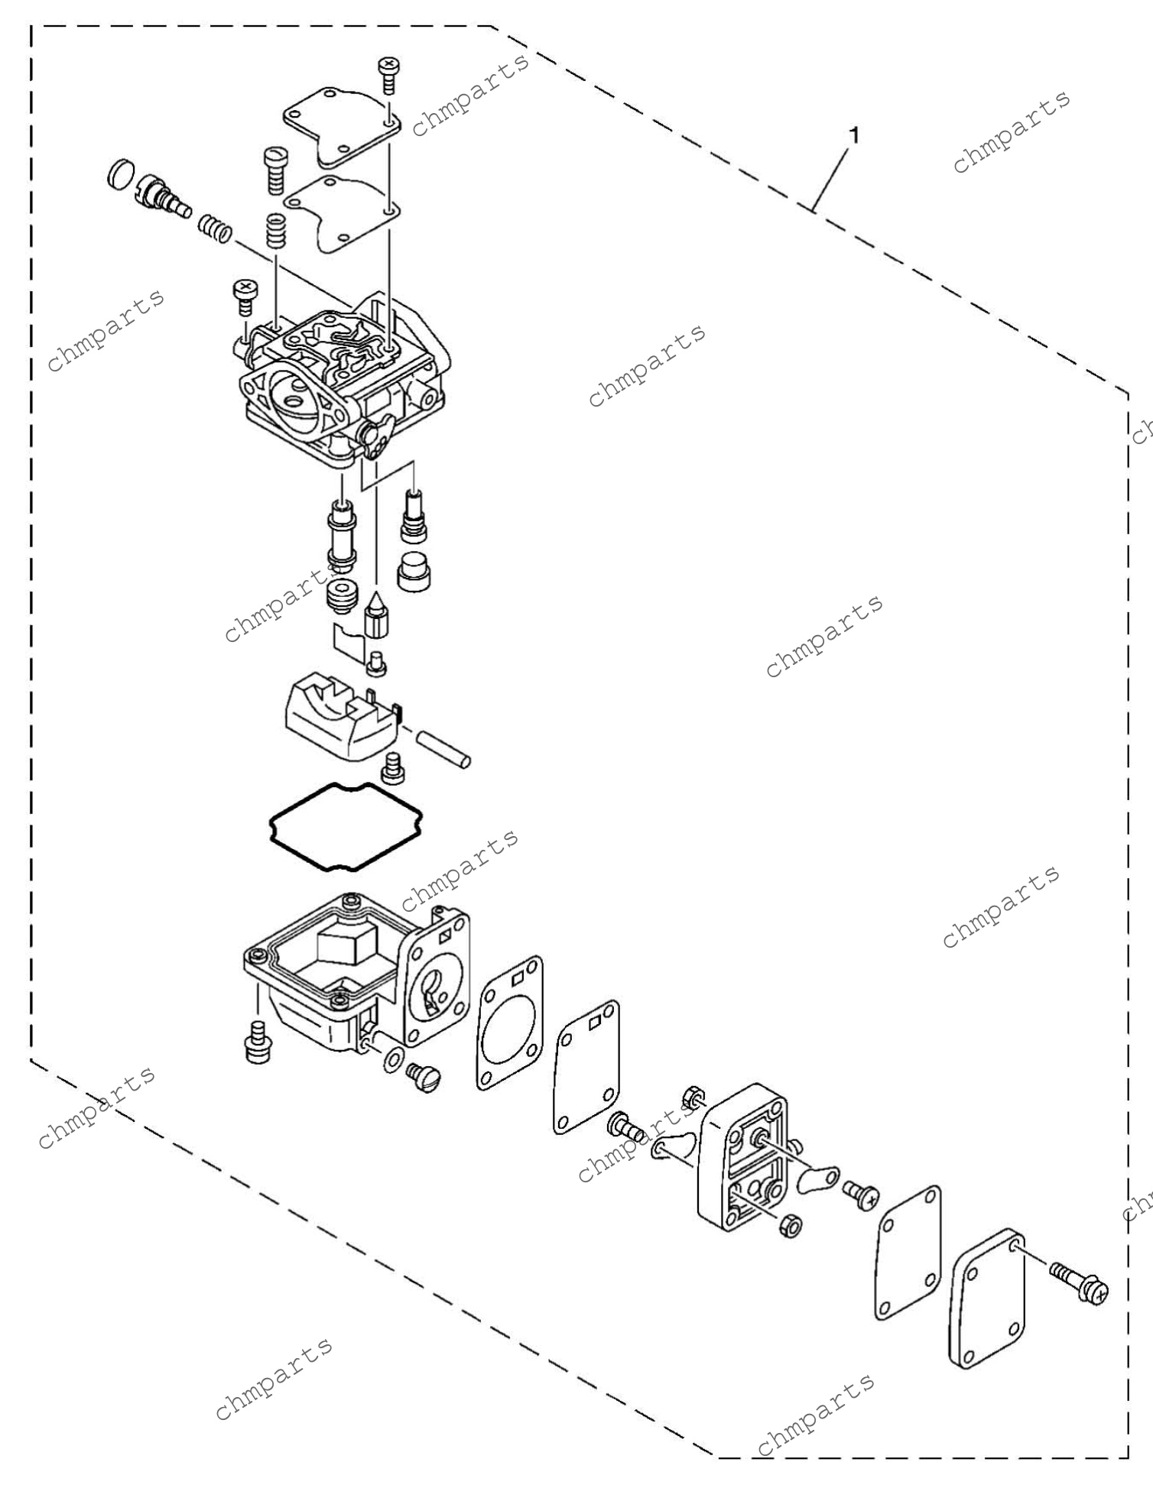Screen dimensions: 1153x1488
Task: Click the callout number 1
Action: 854,136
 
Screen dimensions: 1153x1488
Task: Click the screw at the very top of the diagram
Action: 388,74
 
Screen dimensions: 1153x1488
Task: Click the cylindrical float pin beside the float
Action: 442,750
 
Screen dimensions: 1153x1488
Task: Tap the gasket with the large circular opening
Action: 510,1023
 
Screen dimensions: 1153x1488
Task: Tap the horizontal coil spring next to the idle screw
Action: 214,228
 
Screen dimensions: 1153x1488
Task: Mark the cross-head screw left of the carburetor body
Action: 245,297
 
